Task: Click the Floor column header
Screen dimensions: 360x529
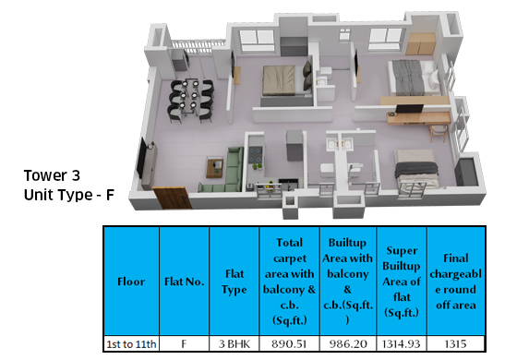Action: tap(130, 281)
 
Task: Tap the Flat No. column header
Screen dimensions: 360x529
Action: tap(184, 281)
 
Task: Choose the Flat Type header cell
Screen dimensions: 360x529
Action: tap(234, 281)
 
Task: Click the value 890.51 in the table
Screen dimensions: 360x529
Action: tap(289, 344)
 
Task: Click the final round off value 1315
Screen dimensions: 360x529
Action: tap(459, 344)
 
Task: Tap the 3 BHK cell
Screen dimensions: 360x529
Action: tap(234, 344)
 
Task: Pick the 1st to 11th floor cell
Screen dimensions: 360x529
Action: tap(130, 344)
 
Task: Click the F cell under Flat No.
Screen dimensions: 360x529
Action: tap(184, 344)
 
